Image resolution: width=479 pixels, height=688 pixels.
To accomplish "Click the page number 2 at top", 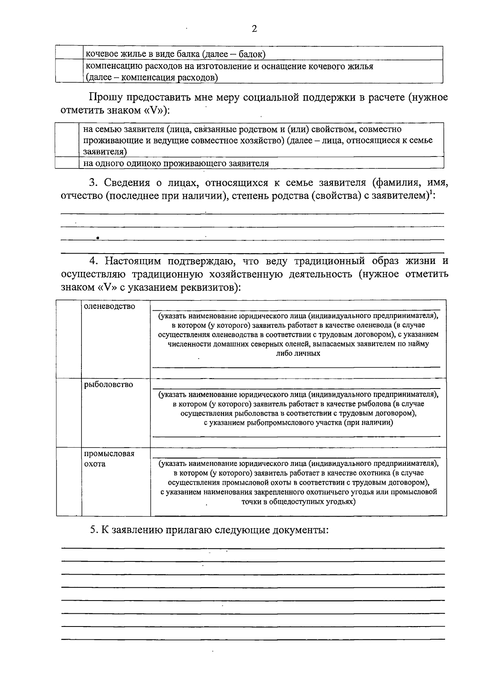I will [254, 30].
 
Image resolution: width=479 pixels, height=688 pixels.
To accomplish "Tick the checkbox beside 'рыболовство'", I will [69, 413].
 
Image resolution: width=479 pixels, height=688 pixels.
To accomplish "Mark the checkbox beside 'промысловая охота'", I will [69, 482].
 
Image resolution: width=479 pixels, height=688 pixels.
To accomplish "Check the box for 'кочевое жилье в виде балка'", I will [69, 53].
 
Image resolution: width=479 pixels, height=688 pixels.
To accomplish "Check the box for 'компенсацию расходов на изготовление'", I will [69, 71].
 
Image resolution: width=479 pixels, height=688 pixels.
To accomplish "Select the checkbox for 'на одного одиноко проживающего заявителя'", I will [67, 163].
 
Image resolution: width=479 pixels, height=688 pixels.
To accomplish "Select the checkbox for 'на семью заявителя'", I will [67, 140].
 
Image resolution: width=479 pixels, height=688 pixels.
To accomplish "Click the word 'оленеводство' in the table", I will [109, 307].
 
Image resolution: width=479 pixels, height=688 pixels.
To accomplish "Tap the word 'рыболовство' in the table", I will [108, 385].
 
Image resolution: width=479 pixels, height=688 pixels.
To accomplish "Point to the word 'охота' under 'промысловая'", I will [95, 464].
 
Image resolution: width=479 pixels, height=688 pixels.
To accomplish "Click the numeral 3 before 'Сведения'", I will [93, 183].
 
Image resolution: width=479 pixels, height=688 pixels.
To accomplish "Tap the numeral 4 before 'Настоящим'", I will [93, 262].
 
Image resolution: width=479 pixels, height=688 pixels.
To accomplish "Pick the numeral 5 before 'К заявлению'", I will [93, 530].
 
